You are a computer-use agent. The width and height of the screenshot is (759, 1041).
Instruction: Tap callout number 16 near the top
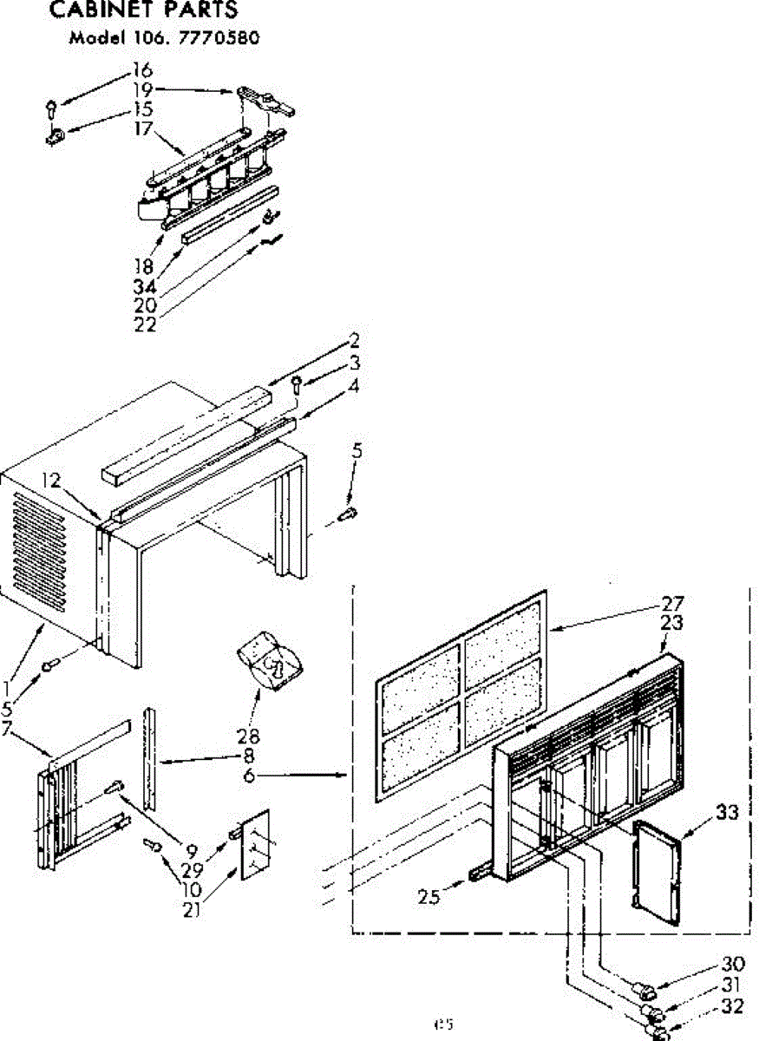141,69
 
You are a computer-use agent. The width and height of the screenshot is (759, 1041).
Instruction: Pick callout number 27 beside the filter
672,604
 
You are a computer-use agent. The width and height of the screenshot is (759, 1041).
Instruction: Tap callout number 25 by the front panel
429,897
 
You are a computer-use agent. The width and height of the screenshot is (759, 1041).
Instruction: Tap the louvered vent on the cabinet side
40,546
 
